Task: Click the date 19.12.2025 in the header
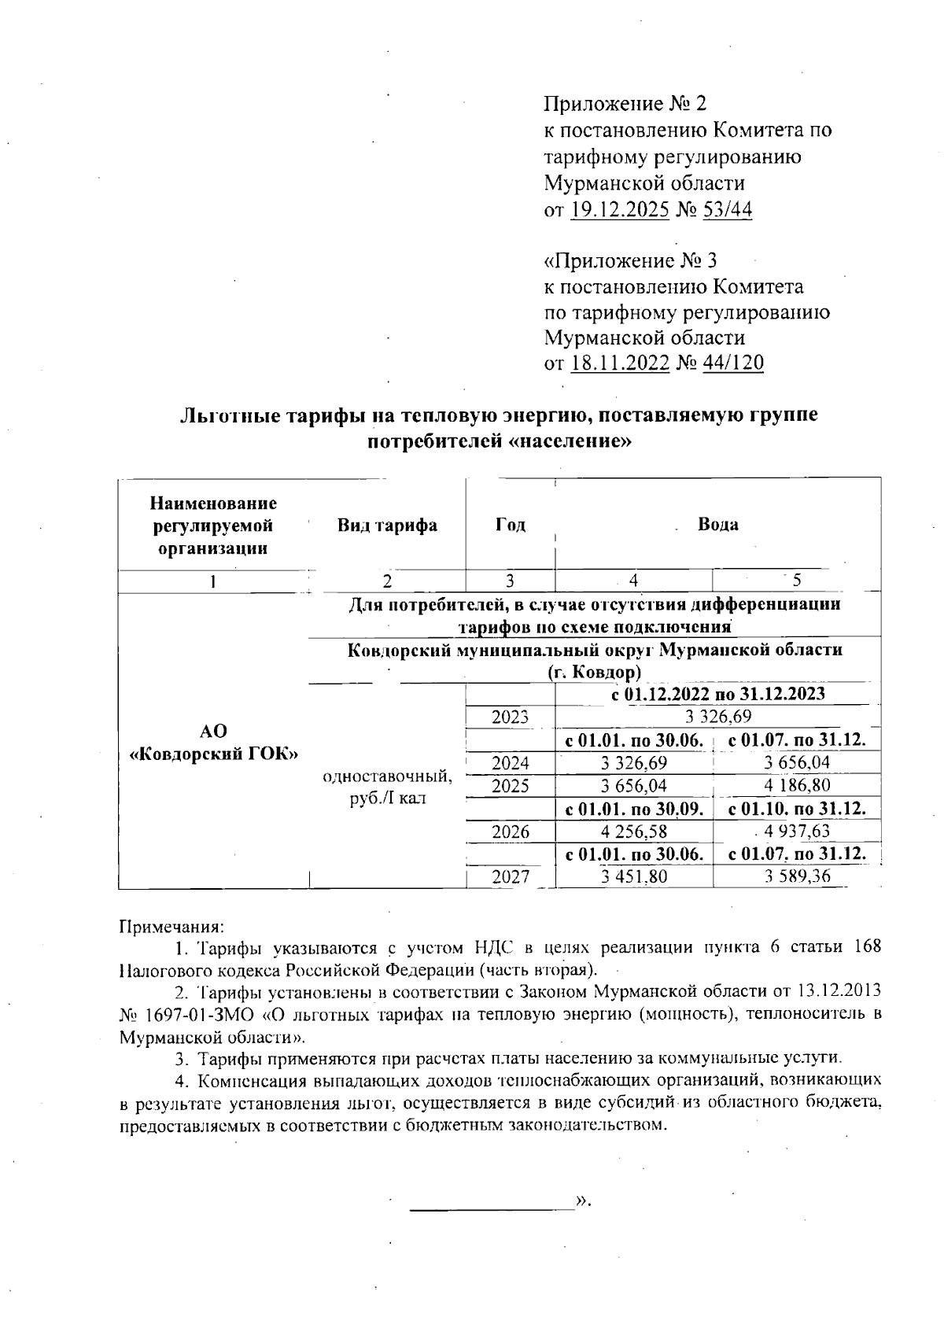click(x=620, y=210)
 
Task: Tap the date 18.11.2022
click(x=620, y=363)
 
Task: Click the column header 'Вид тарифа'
click(x=387, y=526)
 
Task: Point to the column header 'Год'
click(x=511, y=526)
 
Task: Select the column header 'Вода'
click(x=717, y=525)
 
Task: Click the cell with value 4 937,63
click(x=797, y=832)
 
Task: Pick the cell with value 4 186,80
click(x=797, y=785)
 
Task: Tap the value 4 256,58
click(x=634, y=832)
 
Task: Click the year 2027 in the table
click(x=511, y=877)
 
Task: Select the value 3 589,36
click(x=797, y=877)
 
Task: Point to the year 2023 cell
click(x=511, y=717)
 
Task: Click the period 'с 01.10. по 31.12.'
click(x=797, y=809)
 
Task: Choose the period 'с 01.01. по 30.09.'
click(x=634, y=809)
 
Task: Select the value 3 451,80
click(x=634, y=877)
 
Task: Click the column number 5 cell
click(x=797, y=581)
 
